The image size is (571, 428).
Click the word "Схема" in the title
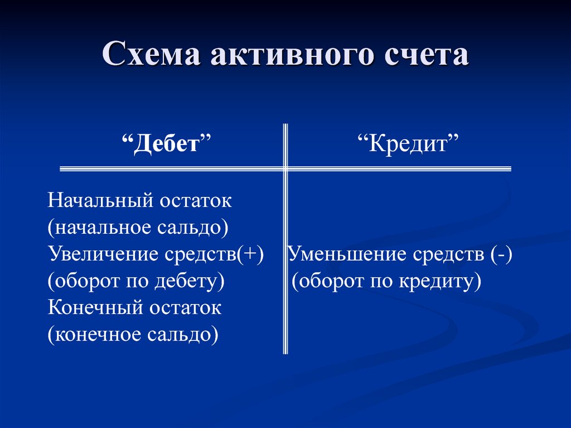click(151, 54)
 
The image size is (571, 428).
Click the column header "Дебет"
click(167, 144)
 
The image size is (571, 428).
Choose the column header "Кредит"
click(408, 143)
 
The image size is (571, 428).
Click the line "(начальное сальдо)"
click(138, 228)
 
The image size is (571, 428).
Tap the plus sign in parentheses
click(250, 254)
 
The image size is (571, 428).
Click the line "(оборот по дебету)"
click(136, 281)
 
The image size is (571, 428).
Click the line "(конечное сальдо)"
click(133, 335)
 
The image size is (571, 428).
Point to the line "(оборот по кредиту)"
click(386, 281)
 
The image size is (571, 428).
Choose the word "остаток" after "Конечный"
click(186, 308)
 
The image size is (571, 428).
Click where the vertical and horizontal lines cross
click(285, 169)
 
